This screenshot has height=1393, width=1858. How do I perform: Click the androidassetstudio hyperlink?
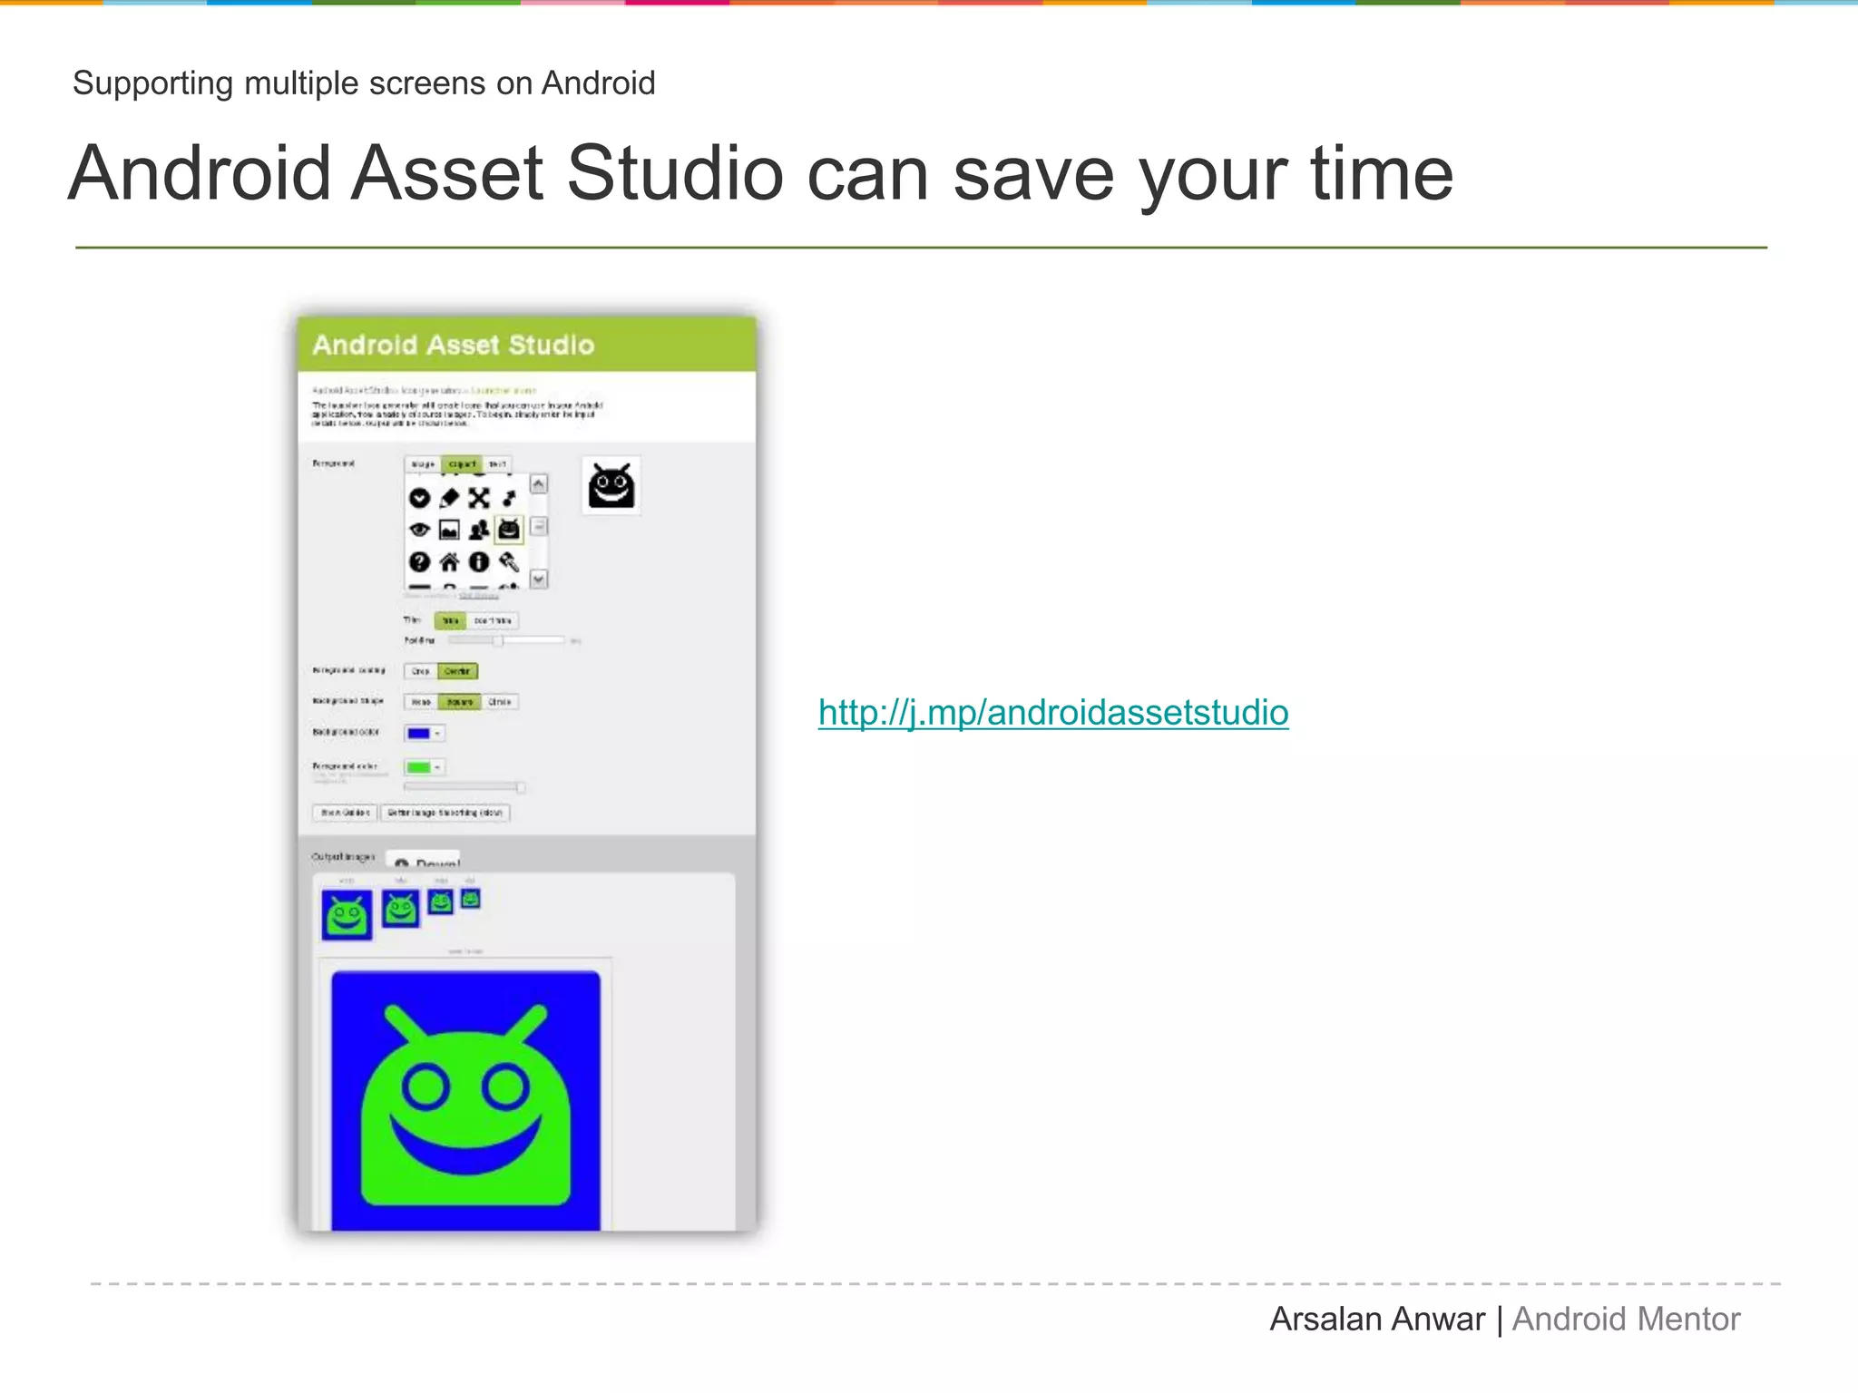[x=1052, y=713]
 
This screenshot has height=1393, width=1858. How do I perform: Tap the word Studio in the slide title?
[x=674, y=173]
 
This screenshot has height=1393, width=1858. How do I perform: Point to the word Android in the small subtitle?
[x=598, y=83]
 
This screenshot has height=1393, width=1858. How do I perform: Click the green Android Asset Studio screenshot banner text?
[x=453, y=346]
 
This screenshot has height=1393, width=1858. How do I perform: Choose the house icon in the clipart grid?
[x=449, y=562]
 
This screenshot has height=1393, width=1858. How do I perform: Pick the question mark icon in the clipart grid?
[x=419, y=562]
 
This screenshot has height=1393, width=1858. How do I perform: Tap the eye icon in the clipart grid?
[x=419, y=530]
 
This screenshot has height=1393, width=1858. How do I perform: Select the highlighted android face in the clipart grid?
[x=509, y=529]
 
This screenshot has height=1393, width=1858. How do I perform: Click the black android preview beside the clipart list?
[x=611, y=486]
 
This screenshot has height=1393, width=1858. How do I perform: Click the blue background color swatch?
[x=419, y=733]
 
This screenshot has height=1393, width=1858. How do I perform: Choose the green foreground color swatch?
[x=419, y=767]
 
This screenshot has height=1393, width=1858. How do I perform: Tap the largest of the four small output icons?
[x=347, y=914]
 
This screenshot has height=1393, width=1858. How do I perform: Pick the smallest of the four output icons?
[x=470, y=898]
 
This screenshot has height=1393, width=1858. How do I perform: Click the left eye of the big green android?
[x=425, y=1087]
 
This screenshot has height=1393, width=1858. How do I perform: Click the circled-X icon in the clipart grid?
[x=479, y=498]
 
